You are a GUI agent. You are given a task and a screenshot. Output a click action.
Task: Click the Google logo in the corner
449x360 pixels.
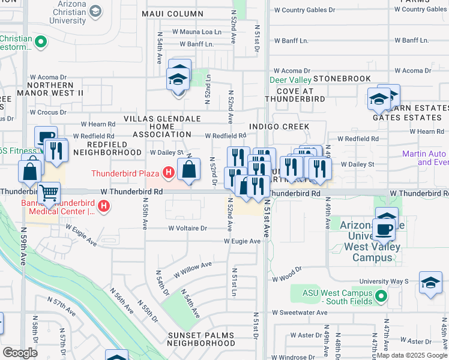[19, 353]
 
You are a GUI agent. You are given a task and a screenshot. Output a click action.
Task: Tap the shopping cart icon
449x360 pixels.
[49, 194]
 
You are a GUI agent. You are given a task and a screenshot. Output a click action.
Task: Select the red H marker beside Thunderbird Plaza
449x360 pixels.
[169, 173]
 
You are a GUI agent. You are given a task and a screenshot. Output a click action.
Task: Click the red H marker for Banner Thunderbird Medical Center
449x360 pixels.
[104, 207]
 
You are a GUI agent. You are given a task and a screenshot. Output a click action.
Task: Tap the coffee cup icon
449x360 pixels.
[383, 229]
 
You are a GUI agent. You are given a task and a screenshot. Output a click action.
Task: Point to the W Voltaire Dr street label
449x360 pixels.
[187, 228]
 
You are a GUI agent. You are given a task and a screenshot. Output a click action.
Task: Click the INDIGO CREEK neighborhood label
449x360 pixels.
[280, 127]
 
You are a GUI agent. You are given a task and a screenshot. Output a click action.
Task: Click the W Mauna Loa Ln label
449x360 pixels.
[196, 31]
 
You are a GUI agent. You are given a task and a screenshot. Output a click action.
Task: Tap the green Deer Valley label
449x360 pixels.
[290, 80]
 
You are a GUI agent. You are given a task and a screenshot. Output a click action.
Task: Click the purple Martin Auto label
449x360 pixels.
[426, 158]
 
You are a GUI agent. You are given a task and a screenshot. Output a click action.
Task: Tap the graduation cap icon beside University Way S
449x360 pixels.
[430, 284]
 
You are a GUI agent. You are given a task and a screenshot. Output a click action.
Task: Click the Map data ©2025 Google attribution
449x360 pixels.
[412, 355]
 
